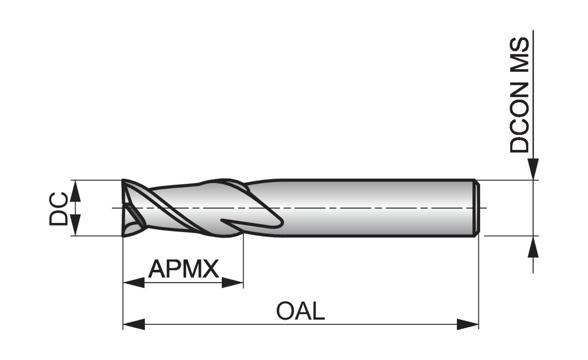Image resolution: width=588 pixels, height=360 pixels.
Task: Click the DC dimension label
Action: tap(58, 209)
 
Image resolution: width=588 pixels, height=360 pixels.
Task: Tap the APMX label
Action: tap(183, 269)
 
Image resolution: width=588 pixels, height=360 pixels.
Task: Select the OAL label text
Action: tap(301, 311)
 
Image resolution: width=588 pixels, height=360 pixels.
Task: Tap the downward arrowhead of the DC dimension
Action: tap(75, 225)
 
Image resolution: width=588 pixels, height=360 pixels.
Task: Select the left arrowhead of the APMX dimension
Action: tap(134, 283)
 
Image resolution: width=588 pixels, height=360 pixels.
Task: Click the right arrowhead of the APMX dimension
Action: tap(233, 283)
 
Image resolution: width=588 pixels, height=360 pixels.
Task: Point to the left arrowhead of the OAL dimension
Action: tap(134, 324)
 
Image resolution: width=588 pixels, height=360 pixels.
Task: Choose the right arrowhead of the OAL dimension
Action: tap(468, 324)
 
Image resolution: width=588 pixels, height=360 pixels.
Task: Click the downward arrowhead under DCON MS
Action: tap(533, 169)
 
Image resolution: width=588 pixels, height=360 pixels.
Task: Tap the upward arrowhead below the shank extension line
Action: tap(533, 247)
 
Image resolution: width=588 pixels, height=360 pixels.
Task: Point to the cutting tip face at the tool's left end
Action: tap(133, 208)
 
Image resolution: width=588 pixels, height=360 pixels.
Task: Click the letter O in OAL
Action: tap(286, 311)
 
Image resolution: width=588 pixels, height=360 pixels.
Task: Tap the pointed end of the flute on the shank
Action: tap(222, 220)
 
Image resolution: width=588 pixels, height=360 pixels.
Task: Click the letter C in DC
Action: tap(58, 200)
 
